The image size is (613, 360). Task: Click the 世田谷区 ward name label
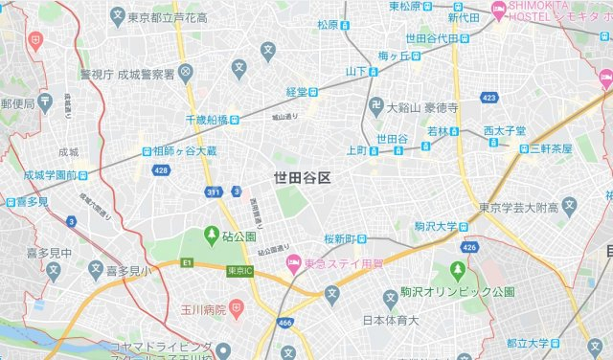coord(302,178)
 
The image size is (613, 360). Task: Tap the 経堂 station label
coord(296,92)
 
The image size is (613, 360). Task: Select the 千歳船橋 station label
coord(206,119)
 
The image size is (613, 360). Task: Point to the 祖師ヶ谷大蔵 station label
coord(185,150)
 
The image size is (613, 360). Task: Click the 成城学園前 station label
coord(48,175)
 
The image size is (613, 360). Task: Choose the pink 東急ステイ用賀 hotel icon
coord(294,261)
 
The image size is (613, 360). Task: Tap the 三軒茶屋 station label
coord(550,148)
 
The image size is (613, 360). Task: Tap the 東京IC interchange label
coord(240,271)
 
